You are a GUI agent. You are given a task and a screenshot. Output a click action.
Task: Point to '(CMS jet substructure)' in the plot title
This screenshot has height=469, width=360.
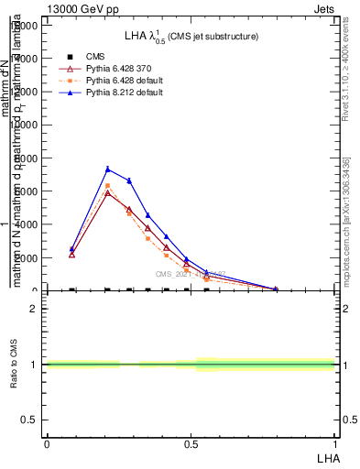(213, 37)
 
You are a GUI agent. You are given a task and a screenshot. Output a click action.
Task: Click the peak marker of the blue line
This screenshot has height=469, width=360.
(108, 169)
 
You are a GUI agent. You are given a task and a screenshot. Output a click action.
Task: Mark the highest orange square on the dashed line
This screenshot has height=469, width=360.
(108, 186)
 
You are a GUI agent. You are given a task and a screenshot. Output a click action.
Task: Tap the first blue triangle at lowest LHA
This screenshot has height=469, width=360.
(71, 248)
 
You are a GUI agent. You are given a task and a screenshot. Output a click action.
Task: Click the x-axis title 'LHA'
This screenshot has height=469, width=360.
(327, 457)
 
